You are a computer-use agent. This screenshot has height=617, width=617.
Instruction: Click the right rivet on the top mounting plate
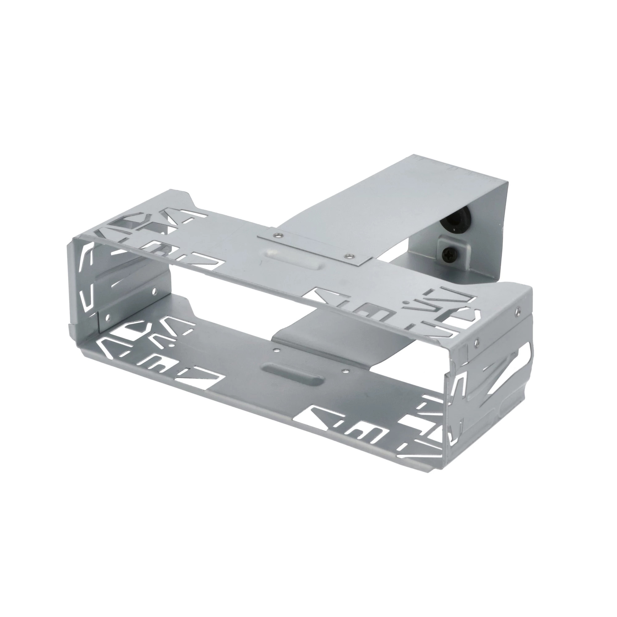(x=351, y=256)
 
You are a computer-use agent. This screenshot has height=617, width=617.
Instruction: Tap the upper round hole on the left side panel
(x=155, y=291)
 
